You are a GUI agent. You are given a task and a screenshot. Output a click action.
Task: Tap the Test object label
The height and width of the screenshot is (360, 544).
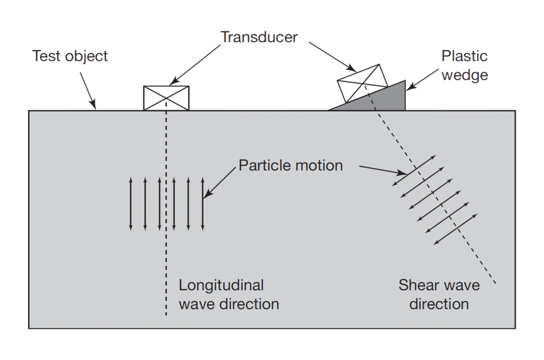[70, 56]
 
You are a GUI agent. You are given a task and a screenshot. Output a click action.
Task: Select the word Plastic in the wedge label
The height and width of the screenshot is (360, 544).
[464, 56]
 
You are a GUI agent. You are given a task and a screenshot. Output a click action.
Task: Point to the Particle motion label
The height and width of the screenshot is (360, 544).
[291, 165]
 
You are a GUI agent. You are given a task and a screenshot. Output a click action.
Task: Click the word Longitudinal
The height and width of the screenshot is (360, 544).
[221, 285]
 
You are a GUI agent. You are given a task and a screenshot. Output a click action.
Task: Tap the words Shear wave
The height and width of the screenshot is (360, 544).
[439, 285]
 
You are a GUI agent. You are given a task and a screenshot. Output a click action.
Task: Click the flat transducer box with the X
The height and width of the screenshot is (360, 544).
[167, 98]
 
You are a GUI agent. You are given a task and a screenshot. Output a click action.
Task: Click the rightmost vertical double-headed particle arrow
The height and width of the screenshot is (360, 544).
[202, 204]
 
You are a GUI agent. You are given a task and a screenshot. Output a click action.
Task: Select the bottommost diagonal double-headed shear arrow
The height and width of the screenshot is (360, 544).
[456, 228]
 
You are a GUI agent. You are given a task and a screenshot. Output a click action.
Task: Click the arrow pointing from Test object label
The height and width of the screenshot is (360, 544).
[87, 90]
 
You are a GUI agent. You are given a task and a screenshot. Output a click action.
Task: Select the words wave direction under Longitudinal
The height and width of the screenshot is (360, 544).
[228, 304]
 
